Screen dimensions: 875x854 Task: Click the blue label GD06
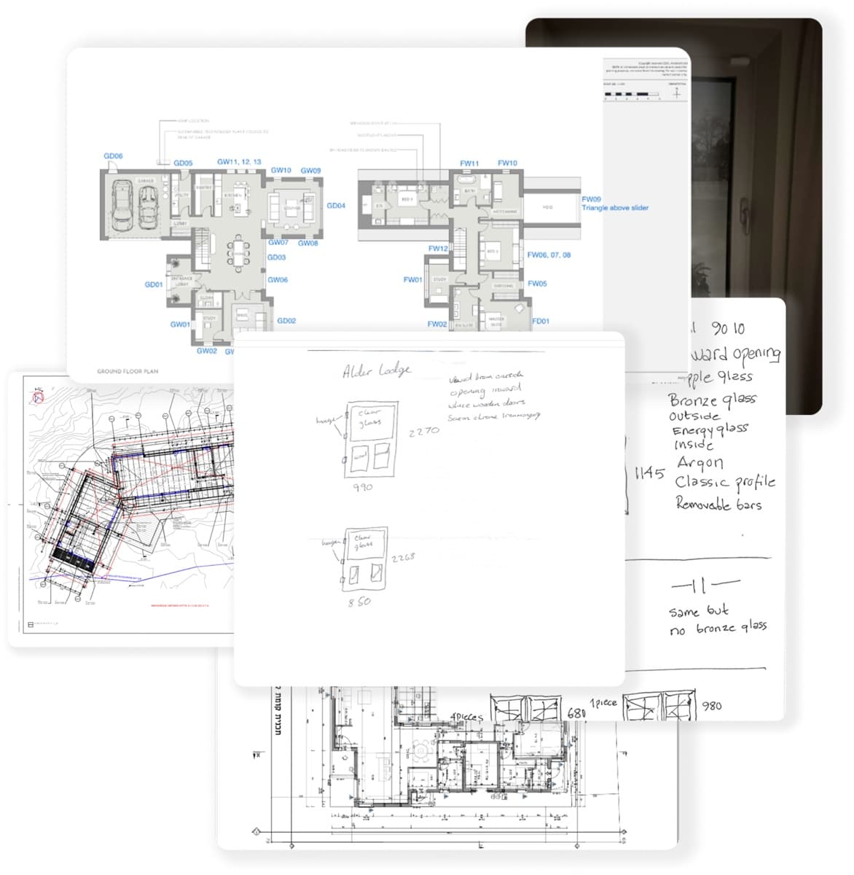113,156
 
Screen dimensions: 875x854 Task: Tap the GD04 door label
336,206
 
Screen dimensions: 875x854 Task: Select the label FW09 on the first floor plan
591,199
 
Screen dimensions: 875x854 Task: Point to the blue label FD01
541,321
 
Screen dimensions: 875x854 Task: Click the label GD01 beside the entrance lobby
154,284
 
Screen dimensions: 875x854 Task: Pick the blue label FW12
438,249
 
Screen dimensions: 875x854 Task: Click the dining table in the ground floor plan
240,252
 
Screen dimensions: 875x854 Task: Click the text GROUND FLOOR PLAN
128,371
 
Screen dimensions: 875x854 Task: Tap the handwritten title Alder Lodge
377,371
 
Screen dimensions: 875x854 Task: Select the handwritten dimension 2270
423,432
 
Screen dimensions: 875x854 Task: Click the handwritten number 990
363,487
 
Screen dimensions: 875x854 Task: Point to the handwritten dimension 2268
403,558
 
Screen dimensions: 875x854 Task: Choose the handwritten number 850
359,602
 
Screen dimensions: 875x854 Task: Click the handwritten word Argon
700,463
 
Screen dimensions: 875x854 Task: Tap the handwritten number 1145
649,473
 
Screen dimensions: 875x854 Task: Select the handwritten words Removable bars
718,504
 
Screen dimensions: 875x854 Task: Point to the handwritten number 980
711,706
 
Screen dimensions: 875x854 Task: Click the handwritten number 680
576,712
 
